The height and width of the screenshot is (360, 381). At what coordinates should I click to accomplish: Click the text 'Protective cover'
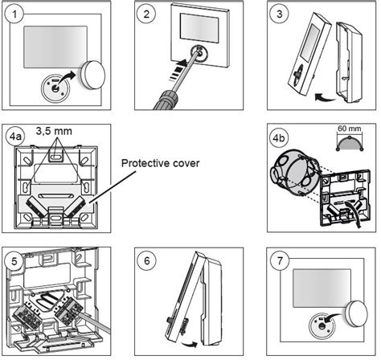click(161, 163)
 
